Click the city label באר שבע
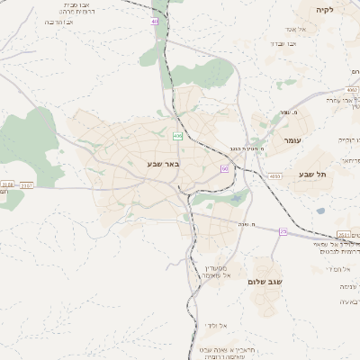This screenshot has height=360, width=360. point(165,164)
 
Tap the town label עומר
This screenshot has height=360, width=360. point(294,141)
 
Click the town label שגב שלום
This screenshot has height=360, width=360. point(265,282)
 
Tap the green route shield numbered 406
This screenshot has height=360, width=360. point(177,136)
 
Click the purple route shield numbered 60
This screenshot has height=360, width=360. point(223,168)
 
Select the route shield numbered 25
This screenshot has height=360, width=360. point(283,232)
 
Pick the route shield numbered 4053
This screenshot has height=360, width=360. point(274,176)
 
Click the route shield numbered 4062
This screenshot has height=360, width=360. point(352,90)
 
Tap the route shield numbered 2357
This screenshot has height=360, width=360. point(27,184)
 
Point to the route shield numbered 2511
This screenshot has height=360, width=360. point(344,233)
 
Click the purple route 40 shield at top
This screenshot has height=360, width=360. point(155,21)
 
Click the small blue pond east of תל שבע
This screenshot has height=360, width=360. point(320,211)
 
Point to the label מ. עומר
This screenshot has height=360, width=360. point(289,112)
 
